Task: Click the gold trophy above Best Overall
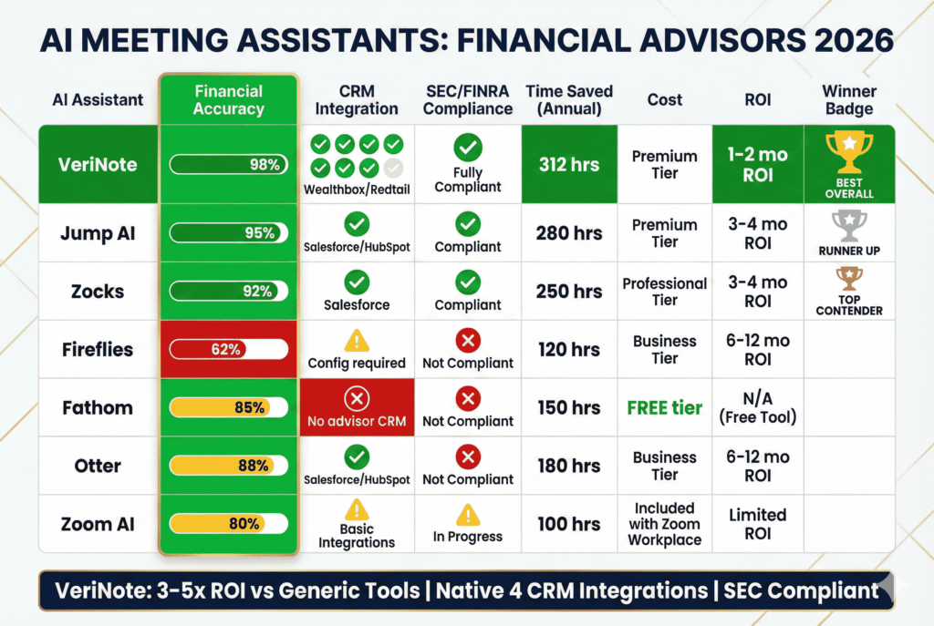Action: (848, 153)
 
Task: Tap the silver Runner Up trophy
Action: (848, 223)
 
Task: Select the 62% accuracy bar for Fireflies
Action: (228, 349)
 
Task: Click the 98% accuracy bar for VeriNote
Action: (228, 164)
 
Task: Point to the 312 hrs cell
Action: (569, 164)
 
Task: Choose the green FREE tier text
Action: (664, 407)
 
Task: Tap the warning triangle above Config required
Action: (356, 341)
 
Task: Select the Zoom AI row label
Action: (98, 524)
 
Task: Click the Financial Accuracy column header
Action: (228, 99)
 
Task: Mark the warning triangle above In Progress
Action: (467, 515)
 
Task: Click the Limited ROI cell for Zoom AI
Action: (757, 524)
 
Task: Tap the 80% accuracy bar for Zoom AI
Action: (228, 524)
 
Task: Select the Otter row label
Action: (98, 466)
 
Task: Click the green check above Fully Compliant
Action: (467, 148)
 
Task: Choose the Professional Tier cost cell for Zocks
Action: (664, 292)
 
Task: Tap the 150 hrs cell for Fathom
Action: (569, 407)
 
